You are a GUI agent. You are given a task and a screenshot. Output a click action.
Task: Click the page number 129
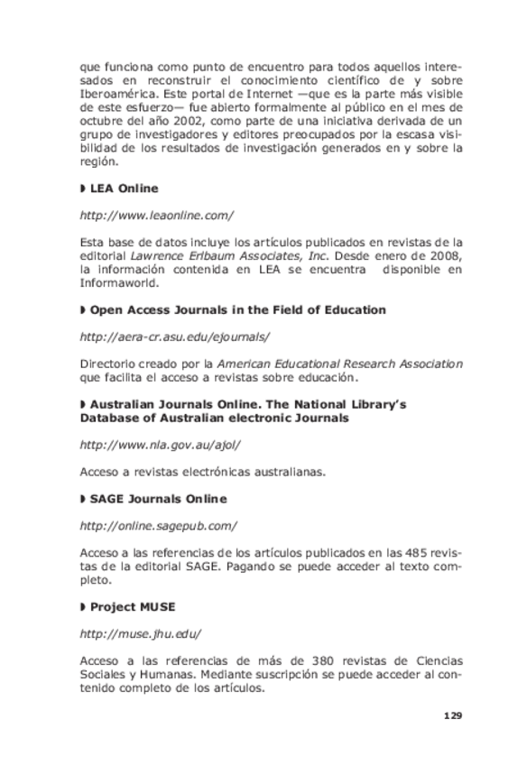[452, 715]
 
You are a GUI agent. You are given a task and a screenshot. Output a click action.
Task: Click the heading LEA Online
[124, 189]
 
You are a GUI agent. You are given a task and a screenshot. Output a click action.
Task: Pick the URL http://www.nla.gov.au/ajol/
[160, 445]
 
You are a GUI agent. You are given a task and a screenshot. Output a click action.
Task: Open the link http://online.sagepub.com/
[158, 526]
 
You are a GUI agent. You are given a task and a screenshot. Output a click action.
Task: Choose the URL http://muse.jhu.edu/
[140, 633]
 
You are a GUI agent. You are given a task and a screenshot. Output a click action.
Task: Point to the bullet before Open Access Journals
[83, 310]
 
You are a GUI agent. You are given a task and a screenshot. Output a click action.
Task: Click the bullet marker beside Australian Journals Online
[83, 405]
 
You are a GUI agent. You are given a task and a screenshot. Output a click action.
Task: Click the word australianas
[272, 472]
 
